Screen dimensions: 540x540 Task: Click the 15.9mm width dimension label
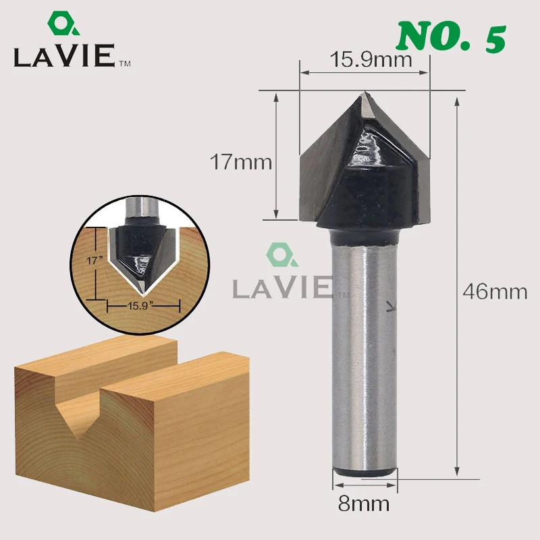point(371,59)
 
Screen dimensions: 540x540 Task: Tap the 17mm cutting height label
point(241,162)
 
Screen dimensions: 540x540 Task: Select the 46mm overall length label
point(495,292)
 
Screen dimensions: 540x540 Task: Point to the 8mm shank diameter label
point(364,504)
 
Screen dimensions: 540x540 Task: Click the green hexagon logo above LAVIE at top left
point(63,24)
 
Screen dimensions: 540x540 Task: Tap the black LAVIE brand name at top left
point(64,55)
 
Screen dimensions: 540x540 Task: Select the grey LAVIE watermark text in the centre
point(282,288)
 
